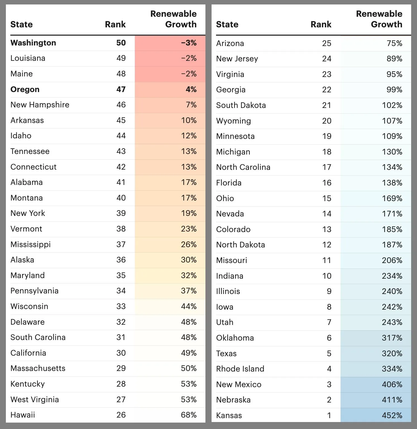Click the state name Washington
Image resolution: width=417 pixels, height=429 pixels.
click(x=33, y=43)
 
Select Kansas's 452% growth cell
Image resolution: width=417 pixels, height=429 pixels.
click(x=392, y=415)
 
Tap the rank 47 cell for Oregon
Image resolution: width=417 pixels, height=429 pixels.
click(x=121, y=89)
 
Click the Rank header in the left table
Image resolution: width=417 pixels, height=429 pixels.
click(x=115, y=24)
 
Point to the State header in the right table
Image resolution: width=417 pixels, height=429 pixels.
click(x=227, y=24)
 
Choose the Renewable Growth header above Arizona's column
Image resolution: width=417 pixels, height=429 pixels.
click(x=379, y=19)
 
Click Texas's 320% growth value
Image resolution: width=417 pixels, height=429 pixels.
click(x=392, y=353)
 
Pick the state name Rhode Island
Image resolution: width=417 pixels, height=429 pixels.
click(x=240, y=369)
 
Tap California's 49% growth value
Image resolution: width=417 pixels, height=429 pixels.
click(x=189, y=353)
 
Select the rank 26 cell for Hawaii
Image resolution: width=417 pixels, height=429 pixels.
click(x=121, y=415)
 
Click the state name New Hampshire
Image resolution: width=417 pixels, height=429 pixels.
click(x=40, y=105)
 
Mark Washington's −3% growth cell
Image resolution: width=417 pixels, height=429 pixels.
click(x=189, y=43)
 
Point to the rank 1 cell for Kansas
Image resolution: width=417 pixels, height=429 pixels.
click(x=329, y=415)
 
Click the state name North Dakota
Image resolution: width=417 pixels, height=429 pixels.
click(x=240, y=245)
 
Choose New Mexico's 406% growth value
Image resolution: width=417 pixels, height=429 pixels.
click(x=392, y=384)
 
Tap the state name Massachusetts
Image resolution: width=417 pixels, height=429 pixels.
click(x=38, y=368)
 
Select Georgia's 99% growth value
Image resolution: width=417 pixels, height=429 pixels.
click(x=394, y=90)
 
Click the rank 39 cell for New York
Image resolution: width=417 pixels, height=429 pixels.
click(x=121, y=213)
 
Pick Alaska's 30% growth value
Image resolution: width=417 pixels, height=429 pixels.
click(x=189, y=260)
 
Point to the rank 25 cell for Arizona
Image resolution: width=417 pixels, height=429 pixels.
click(x=327, y=43)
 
